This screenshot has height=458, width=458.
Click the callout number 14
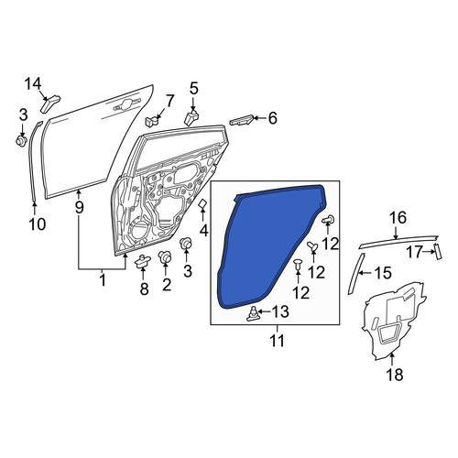(x=33, y=84)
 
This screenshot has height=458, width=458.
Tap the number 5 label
(x=194, y=89)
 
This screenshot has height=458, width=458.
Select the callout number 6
(x=272, y=118)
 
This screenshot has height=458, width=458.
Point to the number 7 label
(x=169, y=101)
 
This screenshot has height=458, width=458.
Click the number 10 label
(x=38, y=224)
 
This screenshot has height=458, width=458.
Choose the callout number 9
(x=79, y=208)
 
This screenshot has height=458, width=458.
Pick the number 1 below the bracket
(x=103, y=279)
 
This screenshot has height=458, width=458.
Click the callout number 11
(x=278, y=340)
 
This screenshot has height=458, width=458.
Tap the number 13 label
(x=280, y=311)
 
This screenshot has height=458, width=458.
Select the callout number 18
(x=395, y=374)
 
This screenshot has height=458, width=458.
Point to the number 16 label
(x=398, y=218)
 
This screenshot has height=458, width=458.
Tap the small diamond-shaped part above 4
(x=203, y=204)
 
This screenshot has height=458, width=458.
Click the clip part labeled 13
(x=253, y=314)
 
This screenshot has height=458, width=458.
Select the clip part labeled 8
(x=143, y=261)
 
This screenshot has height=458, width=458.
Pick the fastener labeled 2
(x=165, y=257)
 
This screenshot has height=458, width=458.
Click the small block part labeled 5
(x=191, y=118)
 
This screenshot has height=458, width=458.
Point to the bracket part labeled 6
(x=241, y=120)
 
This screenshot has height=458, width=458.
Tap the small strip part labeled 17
(x=439, y=252)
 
